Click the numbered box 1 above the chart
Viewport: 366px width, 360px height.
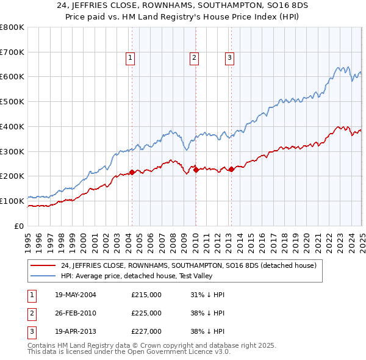click(x=131, y=59)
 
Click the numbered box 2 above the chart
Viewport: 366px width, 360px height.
click(x=194, y=59)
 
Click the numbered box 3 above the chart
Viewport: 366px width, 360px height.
click(x=229, y=59)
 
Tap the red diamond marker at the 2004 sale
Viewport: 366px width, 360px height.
click(x=132, y=173)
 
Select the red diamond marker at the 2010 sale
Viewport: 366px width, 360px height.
click(x=196, y=170)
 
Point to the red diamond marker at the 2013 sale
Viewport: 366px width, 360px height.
click(x=231, y=170)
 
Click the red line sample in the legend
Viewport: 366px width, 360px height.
click(x=43, y=266)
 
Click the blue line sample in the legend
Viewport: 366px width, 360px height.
click(x=43, y=276)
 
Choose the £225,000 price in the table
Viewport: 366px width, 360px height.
click(x=146, y=314)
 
